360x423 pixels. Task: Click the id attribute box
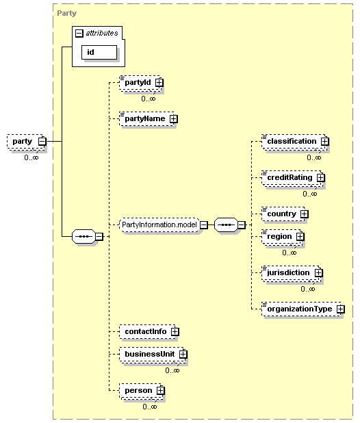99,52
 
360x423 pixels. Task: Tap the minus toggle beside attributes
79,33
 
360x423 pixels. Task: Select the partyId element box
141,83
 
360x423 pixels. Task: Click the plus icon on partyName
174,118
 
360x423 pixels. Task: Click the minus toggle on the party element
42,142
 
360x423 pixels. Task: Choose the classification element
294,142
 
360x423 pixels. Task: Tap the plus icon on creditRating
320,177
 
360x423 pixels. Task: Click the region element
282,238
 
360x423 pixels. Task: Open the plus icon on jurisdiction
318,272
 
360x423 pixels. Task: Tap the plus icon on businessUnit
183,354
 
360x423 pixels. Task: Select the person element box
141,391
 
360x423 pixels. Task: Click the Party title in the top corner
67,13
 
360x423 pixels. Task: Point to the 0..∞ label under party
31,157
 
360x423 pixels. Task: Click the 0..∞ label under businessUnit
172,370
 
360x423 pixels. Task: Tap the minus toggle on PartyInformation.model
204,225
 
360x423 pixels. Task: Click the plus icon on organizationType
341,309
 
